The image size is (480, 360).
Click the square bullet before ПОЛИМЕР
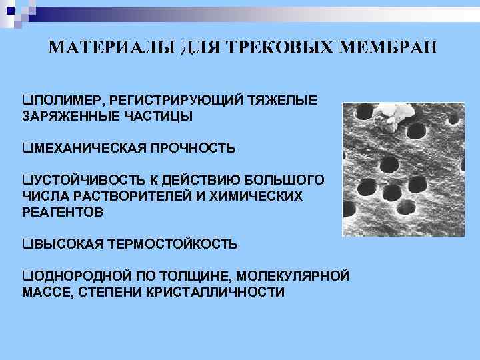(26, 100)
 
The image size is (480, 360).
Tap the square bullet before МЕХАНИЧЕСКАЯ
(26, 148)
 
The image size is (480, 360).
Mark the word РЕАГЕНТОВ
(63, 212)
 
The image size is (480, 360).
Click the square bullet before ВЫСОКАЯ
(26, 244)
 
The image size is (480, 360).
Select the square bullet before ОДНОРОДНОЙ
(26, 276)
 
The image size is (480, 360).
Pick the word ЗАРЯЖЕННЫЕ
(68, 116)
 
